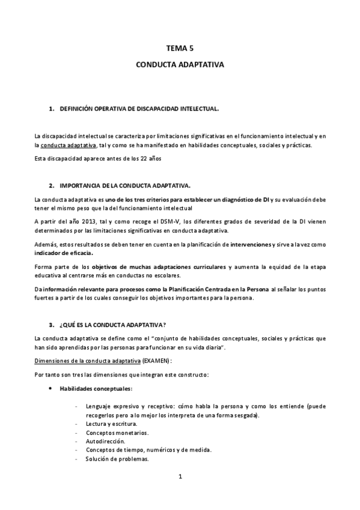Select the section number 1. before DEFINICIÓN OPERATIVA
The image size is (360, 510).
[x=50, y=109]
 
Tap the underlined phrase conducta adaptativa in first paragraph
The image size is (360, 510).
[x=66, y=146]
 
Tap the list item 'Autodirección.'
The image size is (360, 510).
[x=105, y=441]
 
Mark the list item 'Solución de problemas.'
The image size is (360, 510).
[x=117, y=459]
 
